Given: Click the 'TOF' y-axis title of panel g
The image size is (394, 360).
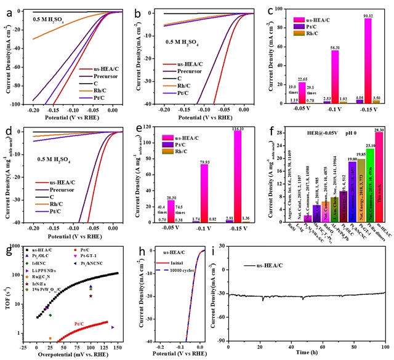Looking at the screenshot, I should pyautogui.click(x=7, y=300).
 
